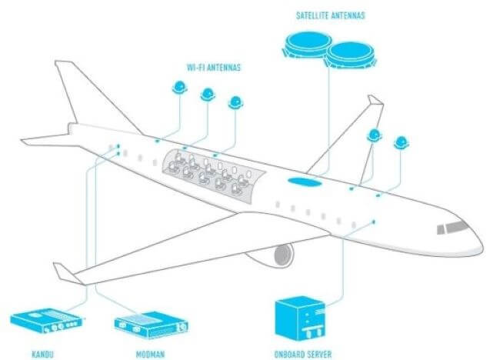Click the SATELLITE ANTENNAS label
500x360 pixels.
(x=330, y=15)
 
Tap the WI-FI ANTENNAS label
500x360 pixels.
(x=213, y=67)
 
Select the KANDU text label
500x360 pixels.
(x=43, y=354)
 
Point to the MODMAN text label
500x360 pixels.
(x=150, y=355)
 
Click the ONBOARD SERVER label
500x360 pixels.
(x=303, y=354)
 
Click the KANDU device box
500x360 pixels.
(x=46, y=321)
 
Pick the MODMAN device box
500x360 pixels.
(x=151, y=325)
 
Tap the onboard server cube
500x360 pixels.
(x=300, y=318)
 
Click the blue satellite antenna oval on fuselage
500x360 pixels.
(x=305, y=182)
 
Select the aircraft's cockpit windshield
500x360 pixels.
(x=453, y=227)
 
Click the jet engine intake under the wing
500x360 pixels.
(x=284, y=255)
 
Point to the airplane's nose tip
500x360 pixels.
(x=482, y=246)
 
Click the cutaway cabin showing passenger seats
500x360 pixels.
(x=214, y=175)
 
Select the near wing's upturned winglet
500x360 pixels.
(x=65, y=272)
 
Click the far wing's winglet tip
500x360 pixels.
(x=375, y=100)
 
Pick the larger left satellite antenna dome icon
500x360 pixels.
(x=308, y=45)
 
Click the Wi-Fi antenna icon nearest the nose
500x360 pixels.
(x=402, y=142)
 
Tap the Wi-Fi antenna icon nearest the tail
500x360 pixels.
(x=179, y=87)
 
